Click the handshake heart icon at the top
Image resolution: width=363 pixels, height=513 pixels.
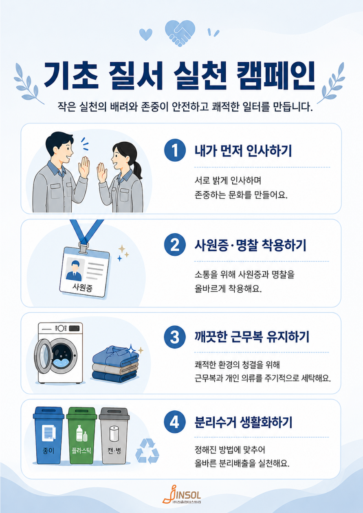click(x=180, y=33)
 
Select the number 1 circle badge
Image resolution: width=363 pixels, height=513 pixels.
click(x=175, y=150)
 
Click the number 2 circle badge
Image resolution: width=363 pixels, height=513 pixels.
click(x=175, y=244)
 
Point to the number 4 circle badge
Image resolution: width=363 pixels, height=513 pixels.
click(x=175, y=422)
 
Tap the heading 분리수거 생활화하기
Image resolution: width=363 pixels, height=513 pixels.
click(x=243, y=422)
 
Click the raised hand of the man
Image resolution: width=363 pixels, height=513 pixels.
click(x=84, y=167)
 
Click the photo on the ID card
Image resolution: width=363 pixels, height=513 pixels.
click(x=74, y=270)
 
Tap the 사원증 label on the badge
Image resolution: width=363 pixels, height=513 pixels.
click(x=82, y=287)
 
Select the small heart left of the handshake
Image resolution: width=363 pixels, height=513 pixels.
click(x=146, y=34)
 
